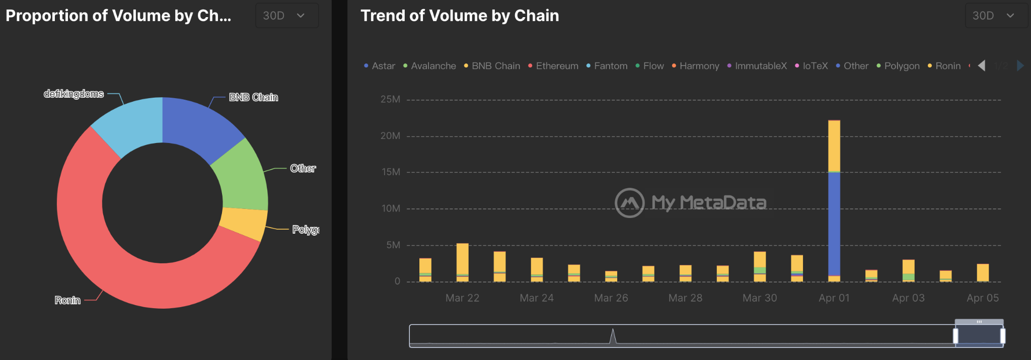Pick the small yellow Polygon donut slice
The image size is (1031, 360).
point(244,223)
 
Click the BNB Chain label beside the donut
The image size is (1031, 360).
point(253,97)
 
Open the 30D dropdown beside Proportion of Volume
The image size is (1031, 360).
point(286,16)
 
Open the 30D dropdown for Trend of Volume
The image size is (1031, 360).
point(995,16)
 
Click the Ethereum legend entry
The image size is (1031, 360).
point(556,66)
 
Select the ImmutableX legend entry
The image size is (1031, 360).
point(760,66)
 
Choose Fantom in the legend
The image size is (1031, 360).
point(610,66)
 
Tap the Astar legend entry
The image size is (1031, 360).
point(383,66)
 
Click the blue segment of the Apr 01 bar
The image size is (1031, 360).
point(834,224)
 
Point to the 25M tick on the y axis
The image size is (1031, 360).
point(391,100)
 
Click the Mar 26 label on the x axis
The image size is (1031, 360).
point(611,298)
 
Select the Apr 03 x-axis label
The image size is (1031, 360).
point(908,298)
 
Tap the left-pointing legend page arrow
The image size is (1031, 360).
point(982,66)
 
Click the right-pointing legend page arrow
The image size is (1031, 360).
point(1020,66)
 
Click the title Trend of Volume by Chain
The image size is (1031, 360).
point(460,16)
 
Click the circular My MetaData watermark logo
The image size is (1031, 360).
point(629,203)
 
